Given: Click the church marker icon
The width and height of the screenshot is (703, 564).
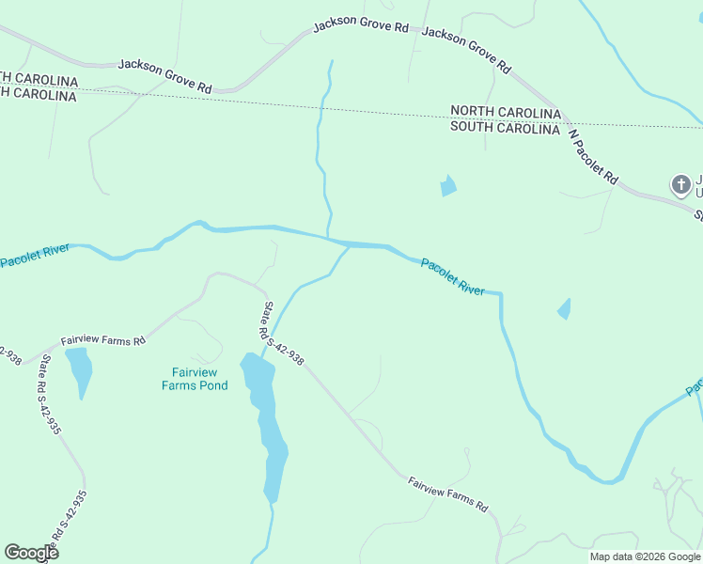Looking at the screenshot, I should tap(680, 184).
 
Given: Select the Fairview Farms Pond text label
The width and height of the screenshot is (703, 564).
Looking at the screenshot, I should tap(195, 378).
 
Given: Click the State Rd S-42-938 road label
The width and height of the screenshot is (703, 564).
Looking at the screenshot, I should tap(282, 333).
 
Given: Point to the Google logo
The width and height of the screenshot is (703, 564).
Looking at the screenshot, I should tap(31, 552).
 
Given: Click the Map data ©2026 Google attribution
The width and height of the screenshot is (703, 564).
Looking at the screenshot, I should tap(645, 556).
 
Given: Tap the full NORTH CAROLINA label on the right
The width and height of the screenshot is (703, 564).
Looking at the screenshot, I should tap(506, 113).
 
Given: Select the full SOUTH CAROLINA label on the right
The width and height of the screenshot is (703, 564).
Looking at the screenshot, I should tap(506, 129).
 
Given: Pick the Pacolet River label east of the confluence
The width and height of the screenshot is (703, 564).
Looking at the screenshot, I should tap(453, 277).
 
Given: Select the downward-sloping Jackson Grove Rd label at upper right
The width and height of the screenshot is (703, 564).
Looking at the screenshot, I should tap(466, 50).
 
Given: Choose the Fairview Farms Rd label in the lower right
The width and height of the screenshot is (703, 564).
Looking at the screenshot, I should tap(448, 493).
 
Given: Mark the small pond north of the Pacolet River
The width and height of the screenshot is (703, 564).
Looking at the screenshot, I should tap(448, 186).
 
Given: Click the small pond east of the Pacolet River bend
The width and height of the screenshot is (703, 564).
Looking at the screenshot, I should tap(564, 308).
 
